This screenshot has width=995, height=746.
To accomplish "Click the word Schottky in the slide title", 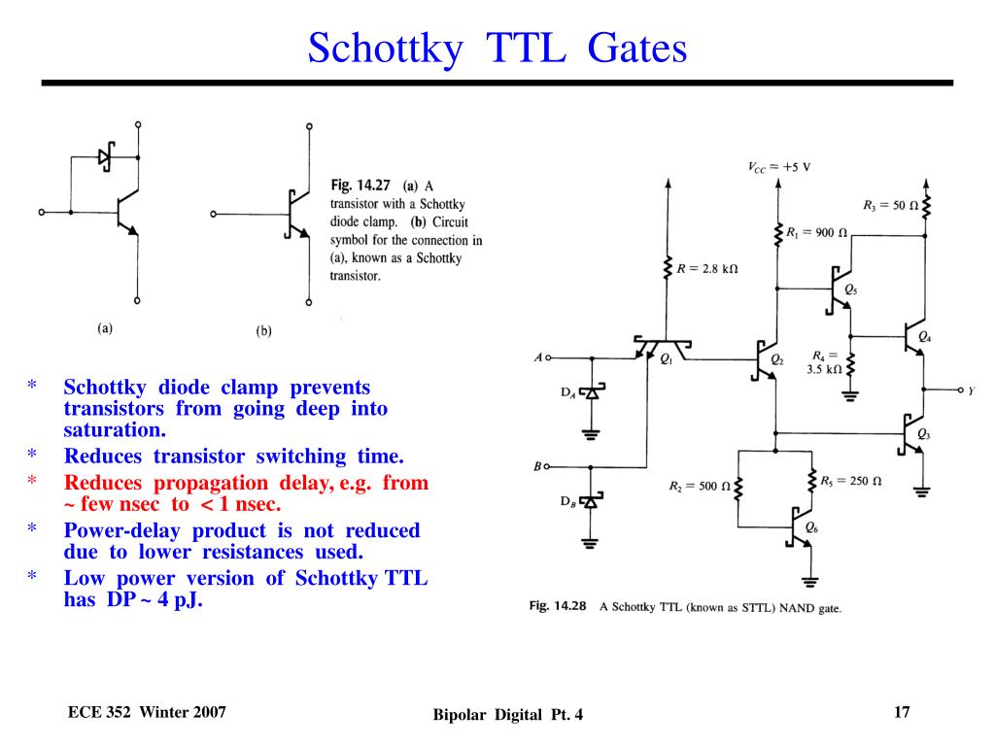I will (384, 48).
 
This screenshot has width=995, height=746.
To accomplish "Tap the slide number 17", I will (902, 713).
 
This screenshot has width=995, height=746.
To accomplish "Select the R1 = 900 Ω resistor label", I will (816, 233).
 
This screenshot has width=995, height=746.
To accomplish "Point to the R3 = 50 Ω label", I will (890, 205).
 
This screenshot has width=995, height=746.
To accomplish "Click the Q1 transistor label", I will (666, 359).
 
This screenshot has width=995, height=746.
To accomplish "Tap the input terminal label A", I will (537, 357).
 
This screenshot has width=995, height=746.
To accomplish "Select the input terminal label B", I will (537, 466).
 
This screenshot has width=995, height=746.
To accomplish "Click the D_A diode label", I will (567, 392).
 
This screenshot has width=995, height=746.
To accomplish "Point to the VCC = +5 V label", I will (778, 166).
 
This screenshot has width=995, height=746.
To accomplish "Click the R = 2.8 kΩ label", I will (707, 268).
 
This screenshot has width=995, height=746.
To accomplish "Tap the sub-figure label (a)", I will (105, 328).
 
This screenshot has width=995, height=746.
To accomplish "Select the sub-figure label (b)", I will (263, 330).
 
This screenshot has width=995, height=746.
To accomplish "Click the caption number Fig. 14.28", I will (558, 606).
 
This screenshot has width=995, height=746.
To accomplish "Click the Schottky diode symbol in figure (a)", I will (106, 156).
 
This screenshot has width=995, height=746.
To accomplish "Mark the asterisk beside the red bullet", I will (31, 483).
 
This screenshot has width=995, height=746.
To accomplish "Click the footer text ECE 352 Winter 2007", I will (147, 713).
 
